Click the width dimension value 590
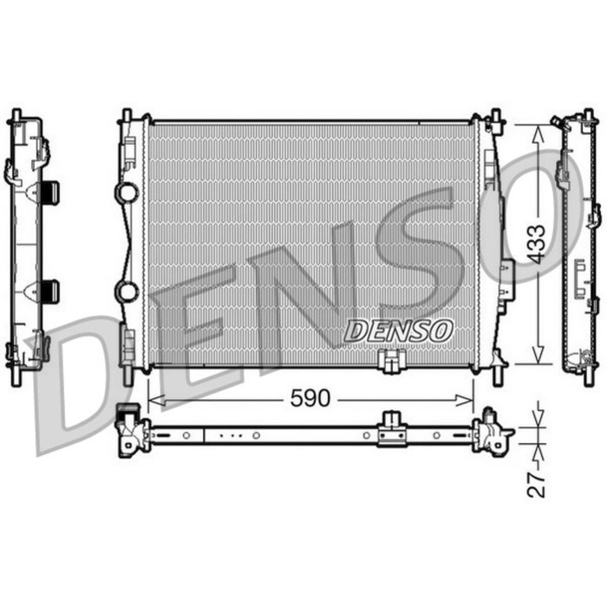pos(310,399)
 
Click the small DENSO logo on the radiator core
pos(399,330)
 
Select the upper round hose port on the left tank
pos(127,193)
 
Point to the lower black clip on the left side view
pos(50,290)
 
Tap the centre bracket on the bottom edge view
pos(392,428)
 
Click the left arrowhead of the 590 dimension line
pos(153,399)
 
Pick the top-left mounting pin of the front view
pos(127,115)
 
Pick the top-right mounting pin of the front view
pos(496,116)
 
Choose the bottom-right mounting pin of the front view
pos(498,375)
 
